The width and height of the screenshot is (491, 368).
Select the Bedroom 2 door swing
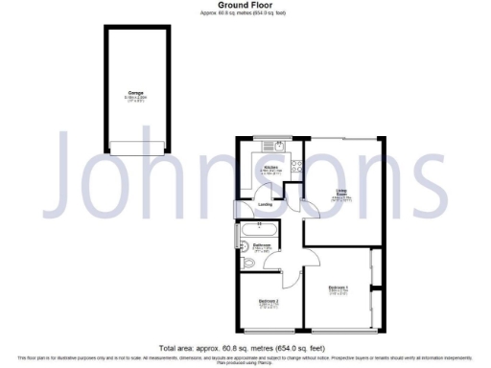click(x=287, y=278)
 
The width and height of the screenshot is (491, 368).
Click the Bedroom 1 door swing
click(x=312, y=256)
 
